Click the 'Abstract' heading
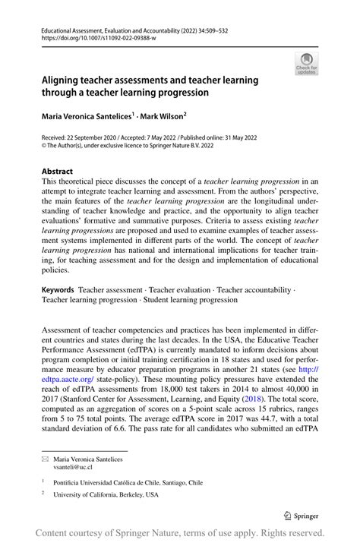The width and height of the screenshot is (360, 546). (58, 172)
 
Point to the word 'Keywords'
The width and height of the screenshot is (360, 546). (58, 290)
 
